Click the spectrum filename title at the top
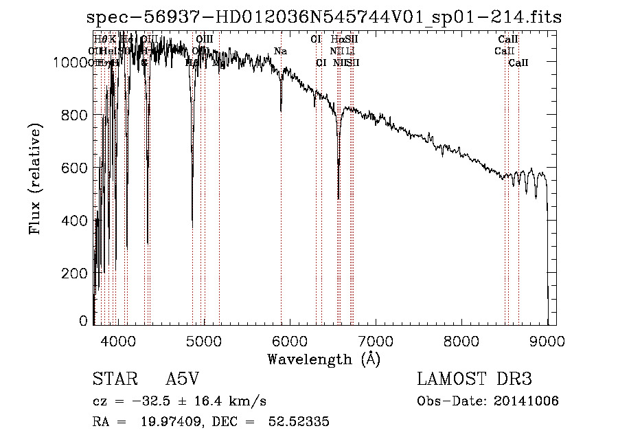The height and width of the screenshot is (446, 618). [324, 17]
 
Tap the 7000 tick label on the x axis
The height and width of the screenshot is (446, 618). [375, 341]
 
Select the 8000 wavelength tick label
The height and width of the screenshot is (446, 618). [461, 341]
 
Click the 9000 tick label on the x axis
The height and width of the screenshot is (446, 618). [547, 341]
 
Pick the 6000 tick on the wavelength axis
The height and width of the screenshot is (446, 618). [289, 341]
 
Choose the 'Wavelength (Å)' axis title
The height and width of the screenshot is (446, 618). [323, 359]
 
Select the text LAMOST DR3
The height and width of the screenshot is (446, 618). [474, 380]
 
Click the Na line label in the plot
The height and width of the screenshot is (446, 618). [280, 52]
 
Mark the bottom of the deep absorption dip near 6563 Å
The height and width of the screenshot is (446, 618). [339, 198]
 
